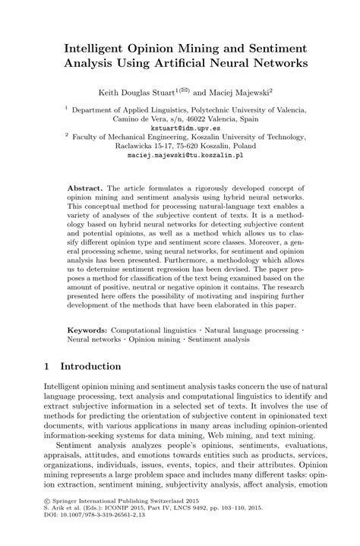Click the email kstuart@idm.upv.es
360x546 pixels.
point(179,130)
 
